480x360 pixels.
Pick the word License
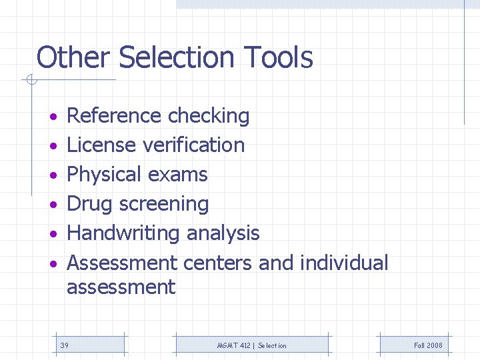pyautogui.click(x=98, y=145)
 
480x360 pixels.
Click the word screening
pyautogui.click(x=168, y=204)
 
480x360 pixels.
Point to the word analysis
pyautogui.click(x=223, y=233)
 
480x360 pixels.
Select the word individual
pyautogui.click(x=344, y=263)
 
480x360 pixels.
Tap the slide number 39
pyautogui.click(x=65, y=345)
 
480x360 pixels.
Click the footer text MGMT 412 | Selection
pyautogui.click(x=252, y=345)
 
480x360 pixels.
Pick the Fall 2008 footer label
pyautogui.click(x=428, y=345)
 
